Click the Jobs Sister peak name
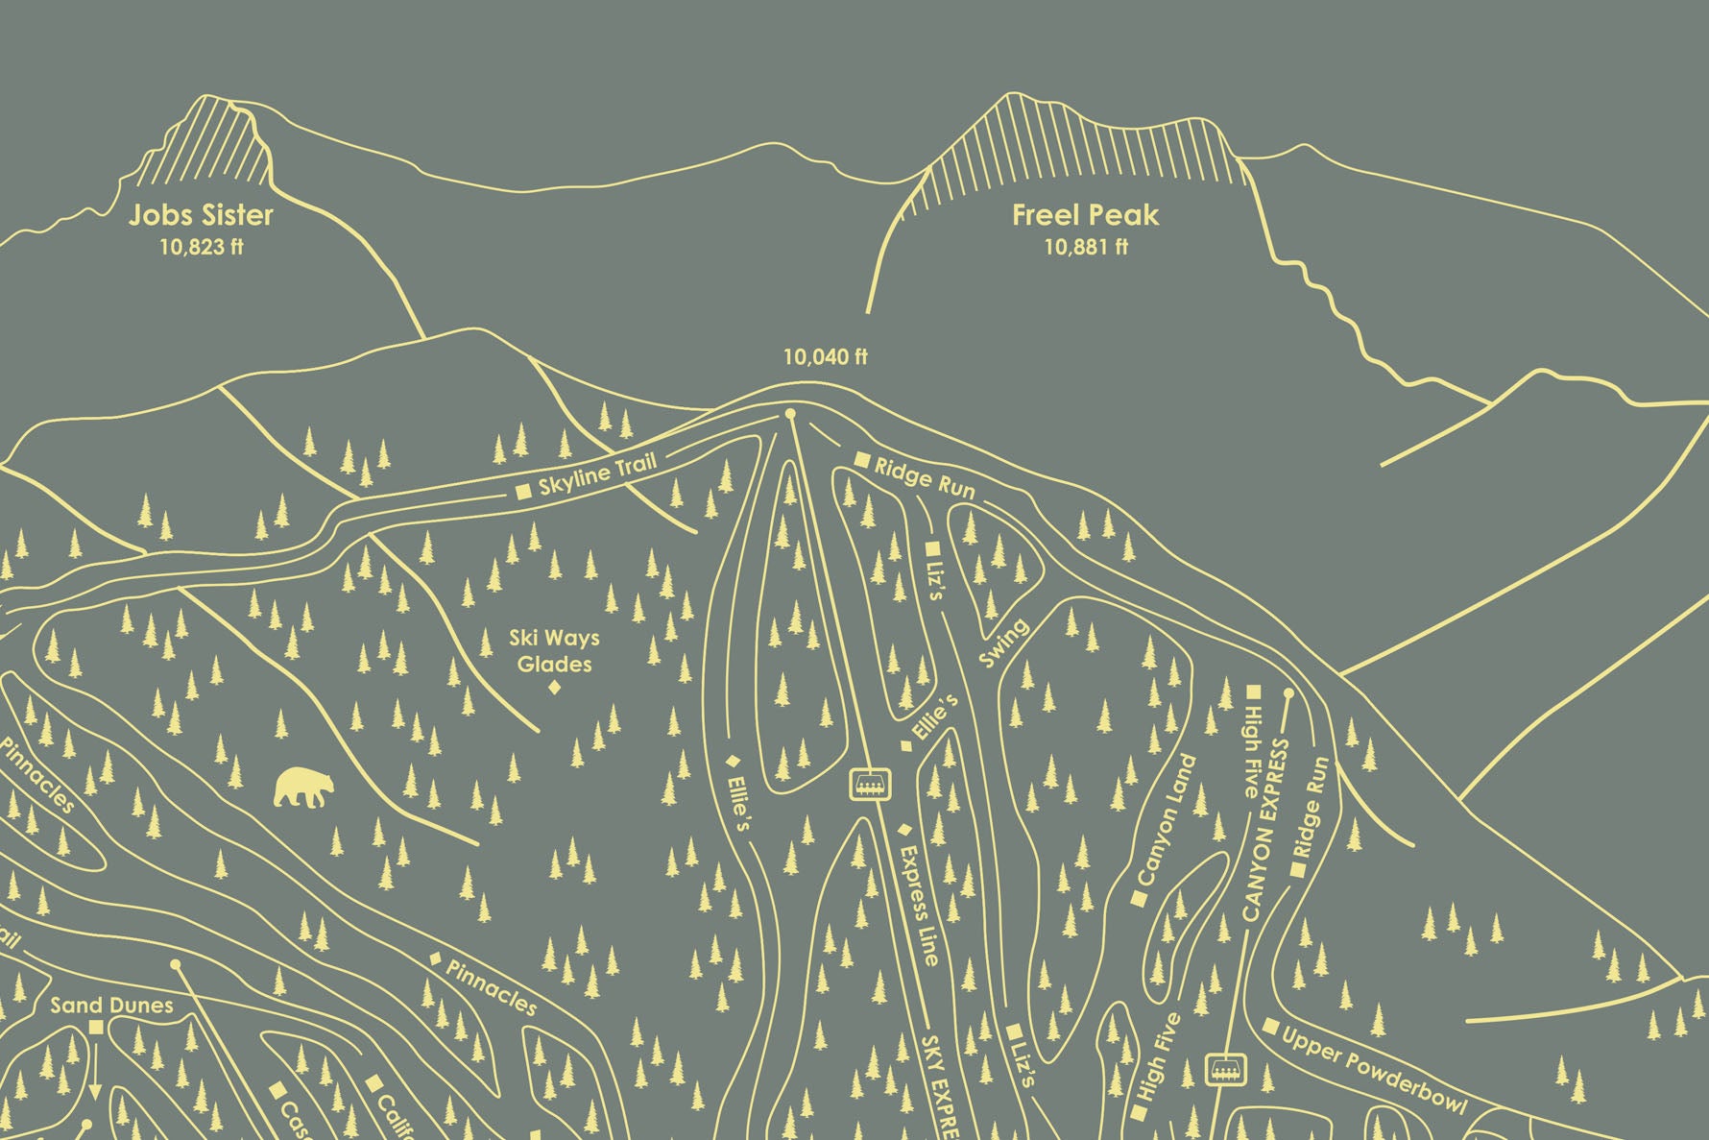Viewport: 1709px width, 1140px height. pos(201,215)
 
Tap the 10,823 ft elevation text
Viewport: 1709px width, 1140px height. pos(201,247)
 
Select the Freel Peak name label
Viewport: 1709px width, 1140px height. pos(1085,215)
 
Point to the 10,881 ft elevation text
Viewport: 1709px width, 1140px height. pos(1086,247)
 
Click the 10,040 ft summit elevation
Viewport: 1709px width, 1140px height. pos(825,357)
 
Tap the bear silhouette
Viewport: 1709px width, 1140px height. pos(304,787)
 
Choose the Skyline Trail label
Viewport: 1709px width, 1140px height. pos(597,474)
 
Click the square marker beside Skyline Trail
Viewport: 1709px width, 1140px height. pos(524,492)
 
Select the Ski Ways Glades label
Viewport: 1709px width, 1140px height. pos(554,650)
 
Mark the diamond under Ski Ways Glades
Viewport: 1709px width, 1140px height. pos(554,687)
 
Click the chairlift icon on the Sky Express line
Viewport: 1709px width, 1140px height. pos(871,784)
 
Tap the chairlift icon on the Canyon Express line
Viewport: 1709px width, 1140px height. pos(1225,1067)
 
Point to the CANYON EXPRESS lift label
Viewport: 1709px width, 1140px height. pos(1264,831)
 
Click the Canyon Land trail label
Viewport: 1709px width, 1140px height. pos(1166,820)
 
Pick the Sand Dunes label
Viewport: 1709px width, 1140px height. pos(111,1006)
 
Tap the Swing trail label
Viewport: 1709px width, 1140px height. pos(1003,643)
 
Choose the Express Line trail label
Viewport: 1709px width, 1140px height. pos(919,905)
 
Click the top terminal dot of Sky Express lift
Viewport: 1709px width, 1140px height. pos(791,414)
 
